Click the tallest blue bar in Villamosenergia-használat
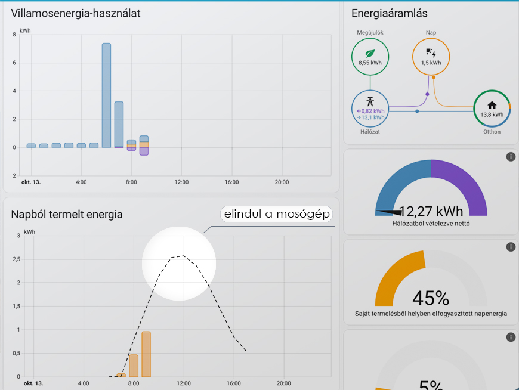[x=106, y=95]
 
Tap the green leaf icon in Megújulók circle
[x=370, y=52]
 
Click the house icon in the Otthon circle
[x=492, y=105]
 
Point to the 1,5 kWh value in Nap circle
[x=431, y=62]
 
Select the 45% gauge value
[x=431, y=297]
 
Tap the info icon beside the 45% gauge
[x=511, y=247]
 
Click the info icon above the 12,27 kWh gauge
[x=511, y=157]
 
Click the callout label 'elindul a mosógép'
[x=276, y=214]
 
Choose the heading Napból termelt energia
[x=67, y=214]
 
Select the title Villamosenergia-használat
[x=76, y=13]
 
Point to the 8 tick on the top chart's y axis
[x=14, y=35]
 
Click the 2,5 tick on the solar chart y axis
[x=16, y=259]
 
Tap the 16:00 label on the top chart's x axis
[x=231, y=182]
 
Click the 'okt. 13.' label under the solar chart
[x=33, y=383]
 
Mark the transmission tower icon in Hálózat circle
[x=370, y=100]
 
